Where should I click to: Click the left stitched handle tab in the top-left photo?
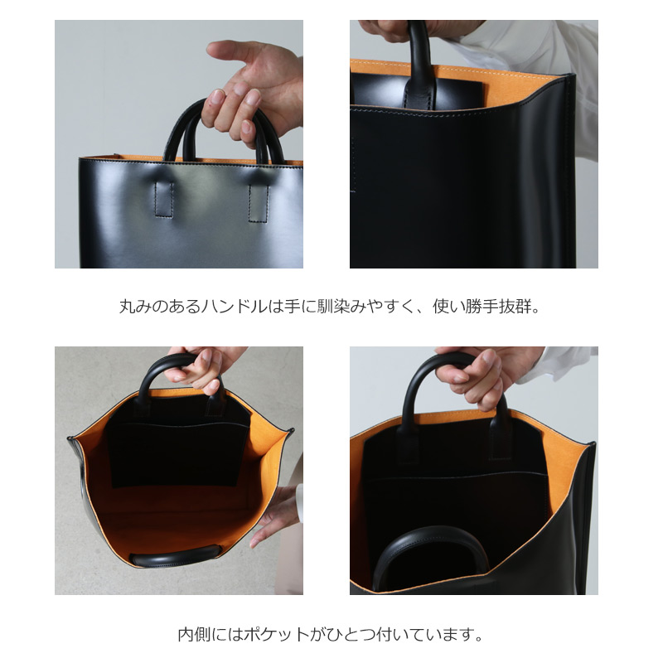pyautogui.click(x=164, y=198)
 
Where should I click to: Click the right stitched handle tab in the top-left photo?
pyautogui.click(x=259, y=201)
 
